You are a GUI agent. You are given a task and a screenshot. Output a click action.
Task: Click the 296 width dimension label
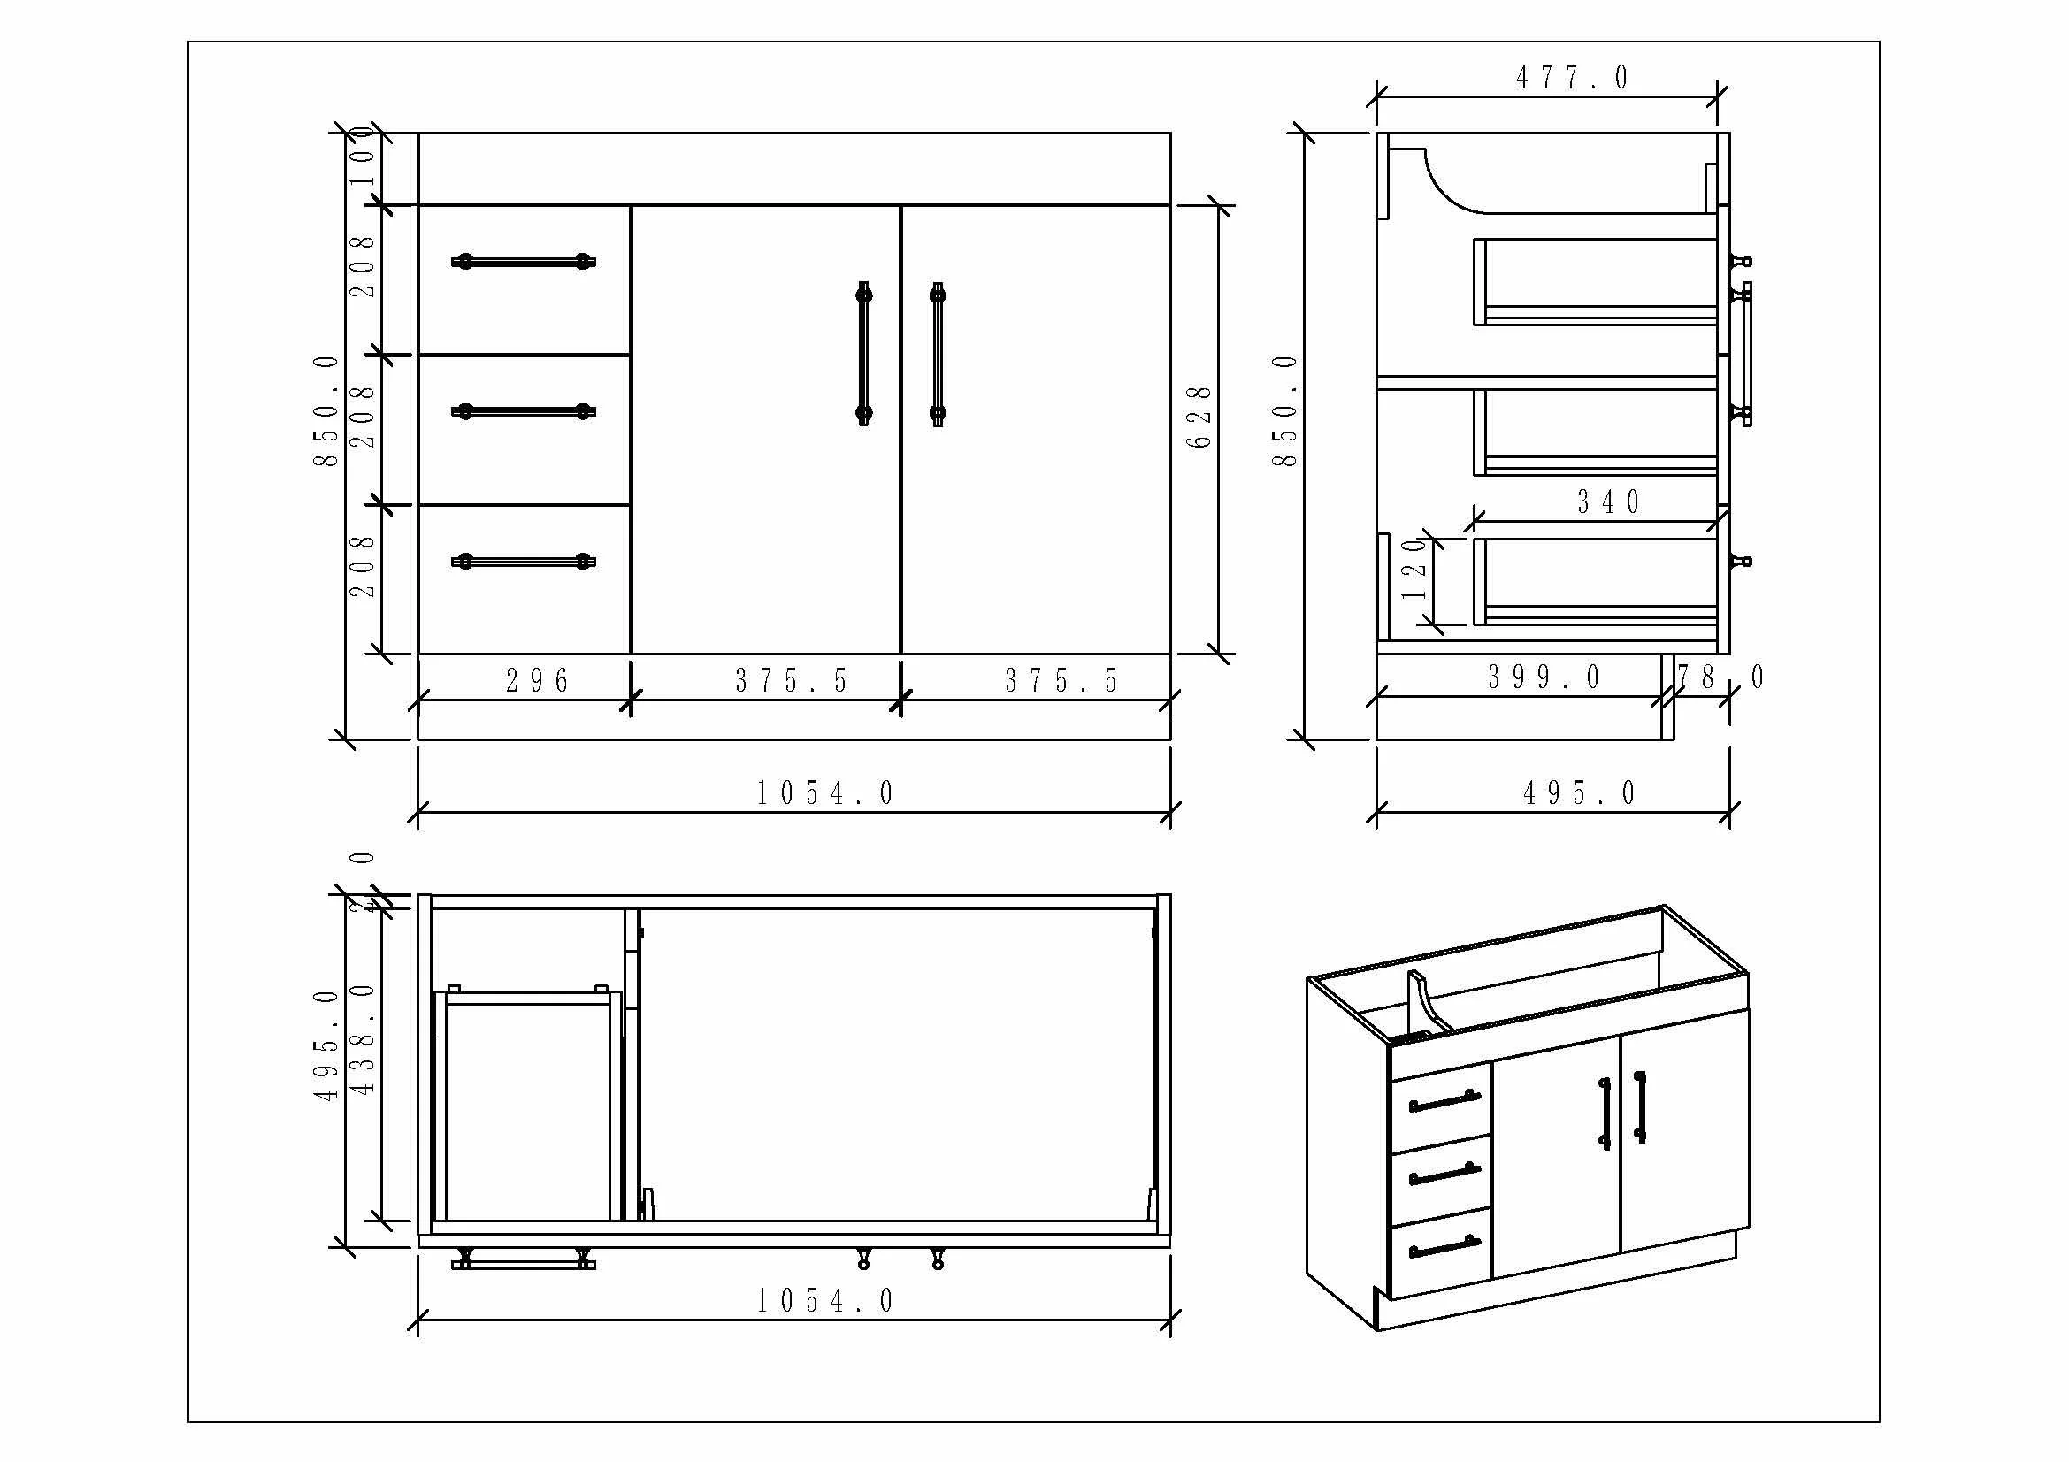pos(537,681)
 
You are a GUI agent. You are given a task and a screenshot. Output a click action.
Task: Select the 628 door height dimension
pos(1199,417)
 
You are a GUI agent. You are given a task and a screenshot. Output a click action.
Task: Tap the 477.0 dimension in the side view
pos(1573,79)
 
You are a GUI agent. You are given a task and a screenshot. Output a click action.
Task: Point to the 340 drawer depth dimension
pos(1608,501)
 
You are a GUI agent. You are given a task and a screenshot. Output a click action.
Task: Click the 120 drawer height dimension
pos(1414,570)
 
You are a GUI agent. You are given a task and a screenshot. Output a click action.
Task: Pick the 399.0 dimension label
pos(1544,677)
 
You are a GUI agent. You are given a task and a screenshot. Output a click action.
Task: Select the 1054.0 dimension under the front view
pos(824,793)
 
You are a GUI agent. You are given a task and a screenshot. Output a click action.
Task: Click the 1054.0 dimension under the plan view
pos(824,1301)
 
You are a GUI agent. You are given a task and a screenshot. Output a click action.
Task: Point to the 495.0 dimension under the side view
pos(1579,793)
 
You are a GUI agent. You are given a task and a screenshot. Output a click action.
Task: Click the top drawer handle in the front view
pos(524,262)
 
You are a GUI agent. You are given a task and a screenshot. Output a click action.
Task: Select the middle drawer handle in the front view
pos(524,411)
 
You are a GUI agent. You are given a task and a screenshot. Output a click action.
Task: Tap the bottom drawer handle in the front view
pos(524,563)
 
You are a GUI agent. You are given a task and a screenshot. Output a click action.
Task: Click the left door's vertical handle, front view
pos(863,354)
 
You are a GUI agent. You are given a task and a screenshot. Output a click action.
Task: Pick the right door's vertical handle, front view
pos(937,354)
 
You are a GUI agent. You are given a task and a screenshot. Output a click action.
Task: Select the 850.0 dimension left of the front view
pos(326,410)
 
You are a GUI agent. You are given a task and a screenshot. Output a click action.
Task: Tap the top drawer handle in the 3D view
pos(1444,1102)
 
